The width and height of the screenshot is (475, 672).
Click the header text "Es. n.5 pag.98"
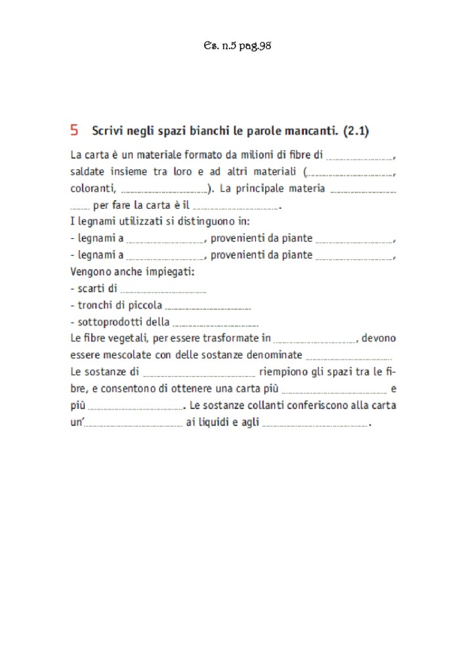[x=237, y=46]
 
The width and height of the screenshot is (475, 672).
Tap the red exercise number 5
[x=74, y=130]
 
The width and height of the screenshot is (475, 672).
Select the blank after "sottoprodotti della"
[x=216, y=324]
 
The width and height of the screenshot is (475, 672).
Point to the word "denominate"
[x=275, y=355]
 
